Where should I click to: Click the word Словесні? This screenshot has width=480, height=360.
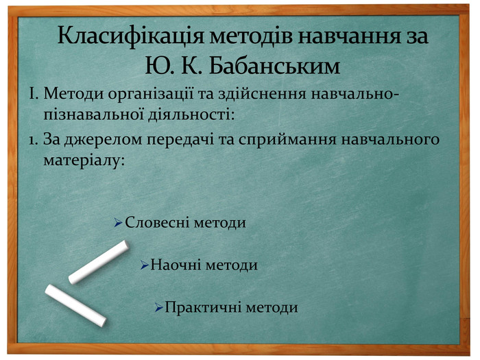(x=158, y=223)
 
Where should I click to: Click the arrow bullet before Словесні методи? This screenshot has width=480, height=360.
(x=118, y=224)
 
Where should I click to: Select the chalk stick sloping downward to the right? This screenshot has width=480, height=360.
(x=75, y=305)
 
